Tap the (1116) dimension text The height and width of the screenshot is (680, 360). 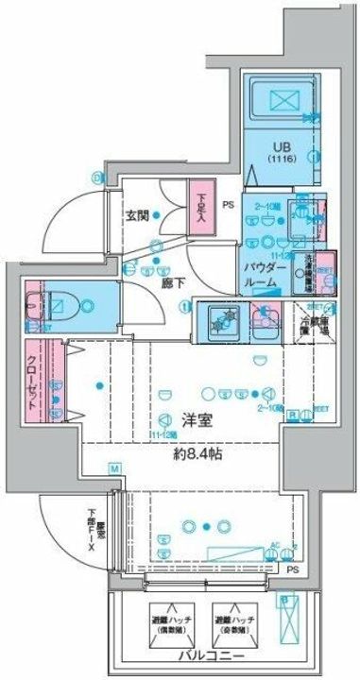point(281,161)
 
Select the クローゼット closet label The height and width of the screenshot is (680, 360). point(32,382)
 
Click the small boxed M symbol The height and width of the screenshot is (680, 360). point(112,468)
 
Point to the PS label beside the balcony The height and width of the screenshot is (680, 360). point(292,570)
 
